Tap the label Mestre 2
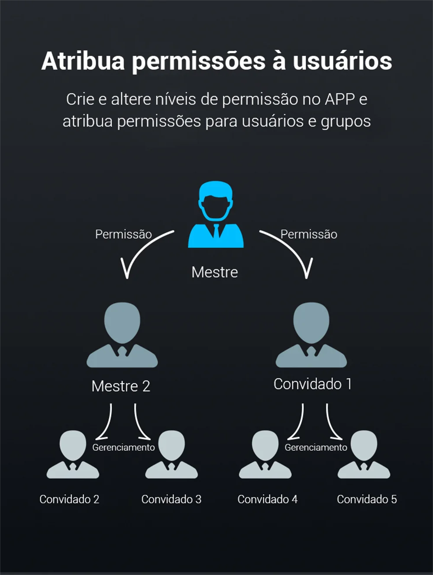(121, 386)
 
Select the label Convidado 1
(312, 384)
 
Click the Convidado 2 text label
(69, 499)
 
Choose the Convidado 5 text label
(367, 499)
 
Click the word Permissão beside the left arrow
(123, 234)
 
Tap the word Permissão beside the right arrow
(309, 234)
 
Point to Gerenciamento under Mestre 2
(123, 447)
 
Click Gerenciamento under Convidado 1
(316, 447)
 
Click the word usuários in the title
(342, 61)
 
